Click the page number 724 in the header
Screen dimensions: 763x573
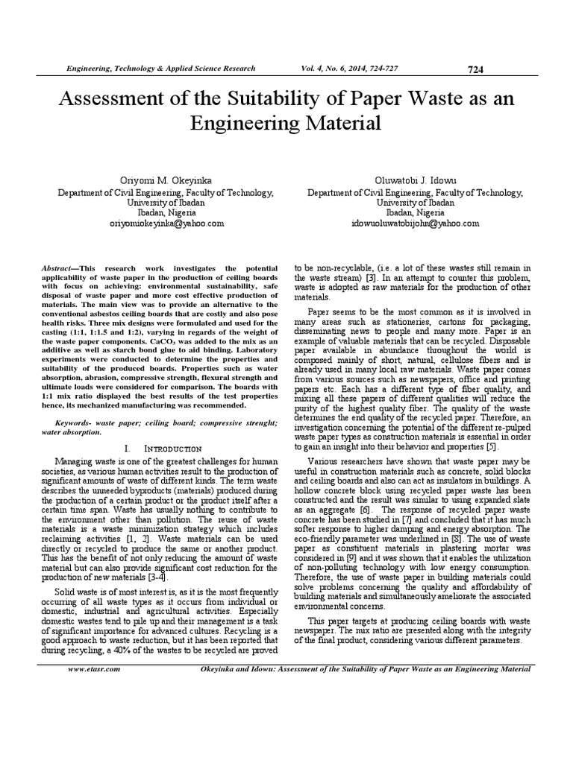click(475, 69)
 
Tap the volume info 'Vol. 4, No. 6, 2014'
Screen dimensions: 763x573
click(335, 69)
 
